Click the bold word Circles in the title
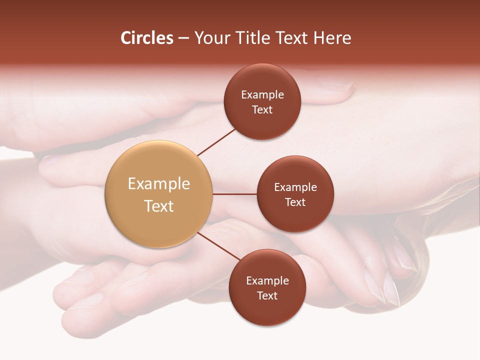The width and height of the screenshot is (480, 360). point(147,38)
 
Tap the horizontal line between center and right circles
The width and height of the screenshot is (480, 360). point(234,194)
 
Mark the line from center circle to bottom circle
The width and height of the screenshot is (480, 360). point(219,246)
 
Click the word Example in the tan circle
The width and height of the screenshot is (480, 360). point(159,184)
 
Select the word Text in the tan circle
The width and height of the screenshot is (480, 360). point(159,206)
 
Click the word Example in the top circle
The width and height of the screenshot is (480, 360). point(262,95)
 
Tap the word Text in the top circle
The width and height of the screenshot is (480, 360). point(262,110)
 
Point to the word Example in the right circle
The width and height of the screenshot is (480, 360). point(295,187)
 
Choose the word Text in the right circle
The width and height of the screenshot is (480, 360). point(295,202)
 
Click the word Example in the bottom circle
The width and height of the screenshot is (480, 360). point(267,281)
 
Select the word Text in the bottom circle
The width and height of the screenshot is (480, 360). point(267,296)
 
